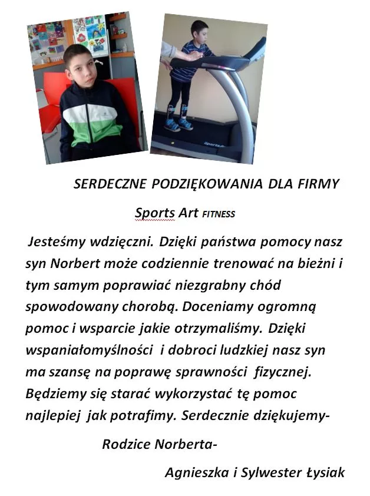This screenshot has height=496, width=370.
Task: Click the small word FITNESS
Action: tap(218, 214)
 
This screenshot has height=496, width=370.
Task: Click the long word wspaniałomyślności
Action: tap(88, 350)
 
